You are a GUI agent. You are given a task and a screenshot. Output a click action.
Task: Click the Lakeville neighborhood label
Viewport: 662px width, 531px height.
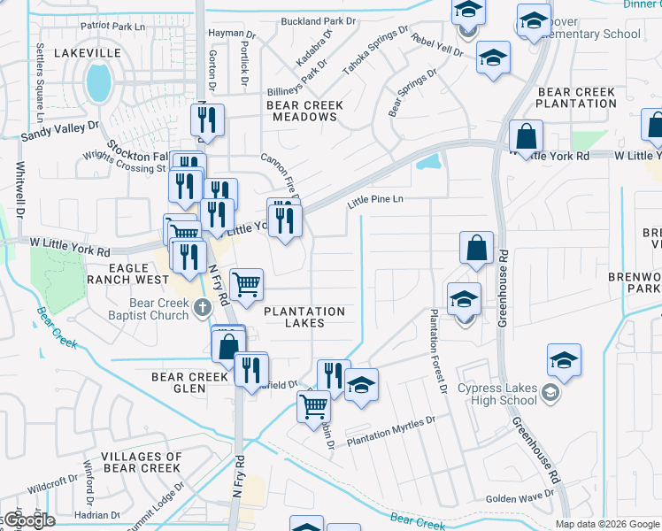(87, 53)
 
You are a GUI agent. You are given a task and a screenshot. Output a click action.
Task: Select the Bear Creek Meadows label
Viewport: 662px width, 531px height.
(305, 111)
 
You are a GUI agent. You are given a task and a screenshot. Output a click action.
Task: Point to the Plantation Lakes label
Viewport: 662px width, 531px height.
(304, 317)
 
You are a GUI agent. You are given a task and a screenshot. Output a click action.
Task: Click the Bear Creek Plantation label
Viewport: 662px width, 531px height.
(576, 97)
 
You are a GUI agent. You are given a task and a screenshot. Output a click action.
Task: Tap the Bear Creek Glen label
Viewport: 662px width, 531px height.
(190, 382)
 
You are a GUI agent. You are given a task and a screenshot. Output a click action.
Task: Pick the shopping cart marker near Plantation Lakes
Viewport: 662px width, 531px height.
(247, 284)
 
